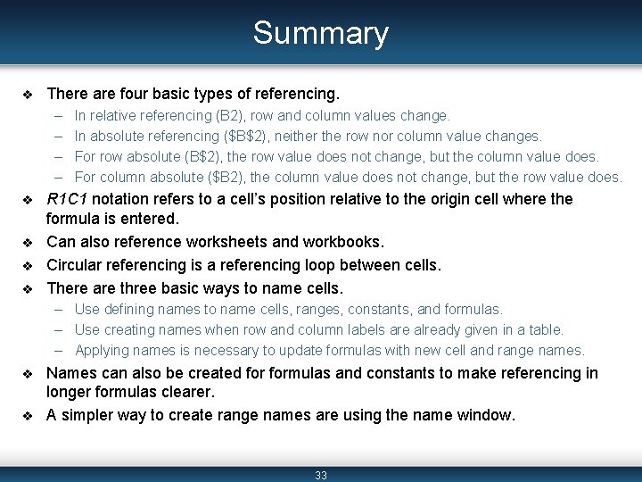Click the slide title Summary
[320, 33]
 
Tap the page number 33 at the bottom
[321, 475]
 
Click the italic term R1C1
[67, 199]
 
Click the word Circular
[74, 265]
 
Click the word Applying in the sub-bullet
[103, 350]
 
